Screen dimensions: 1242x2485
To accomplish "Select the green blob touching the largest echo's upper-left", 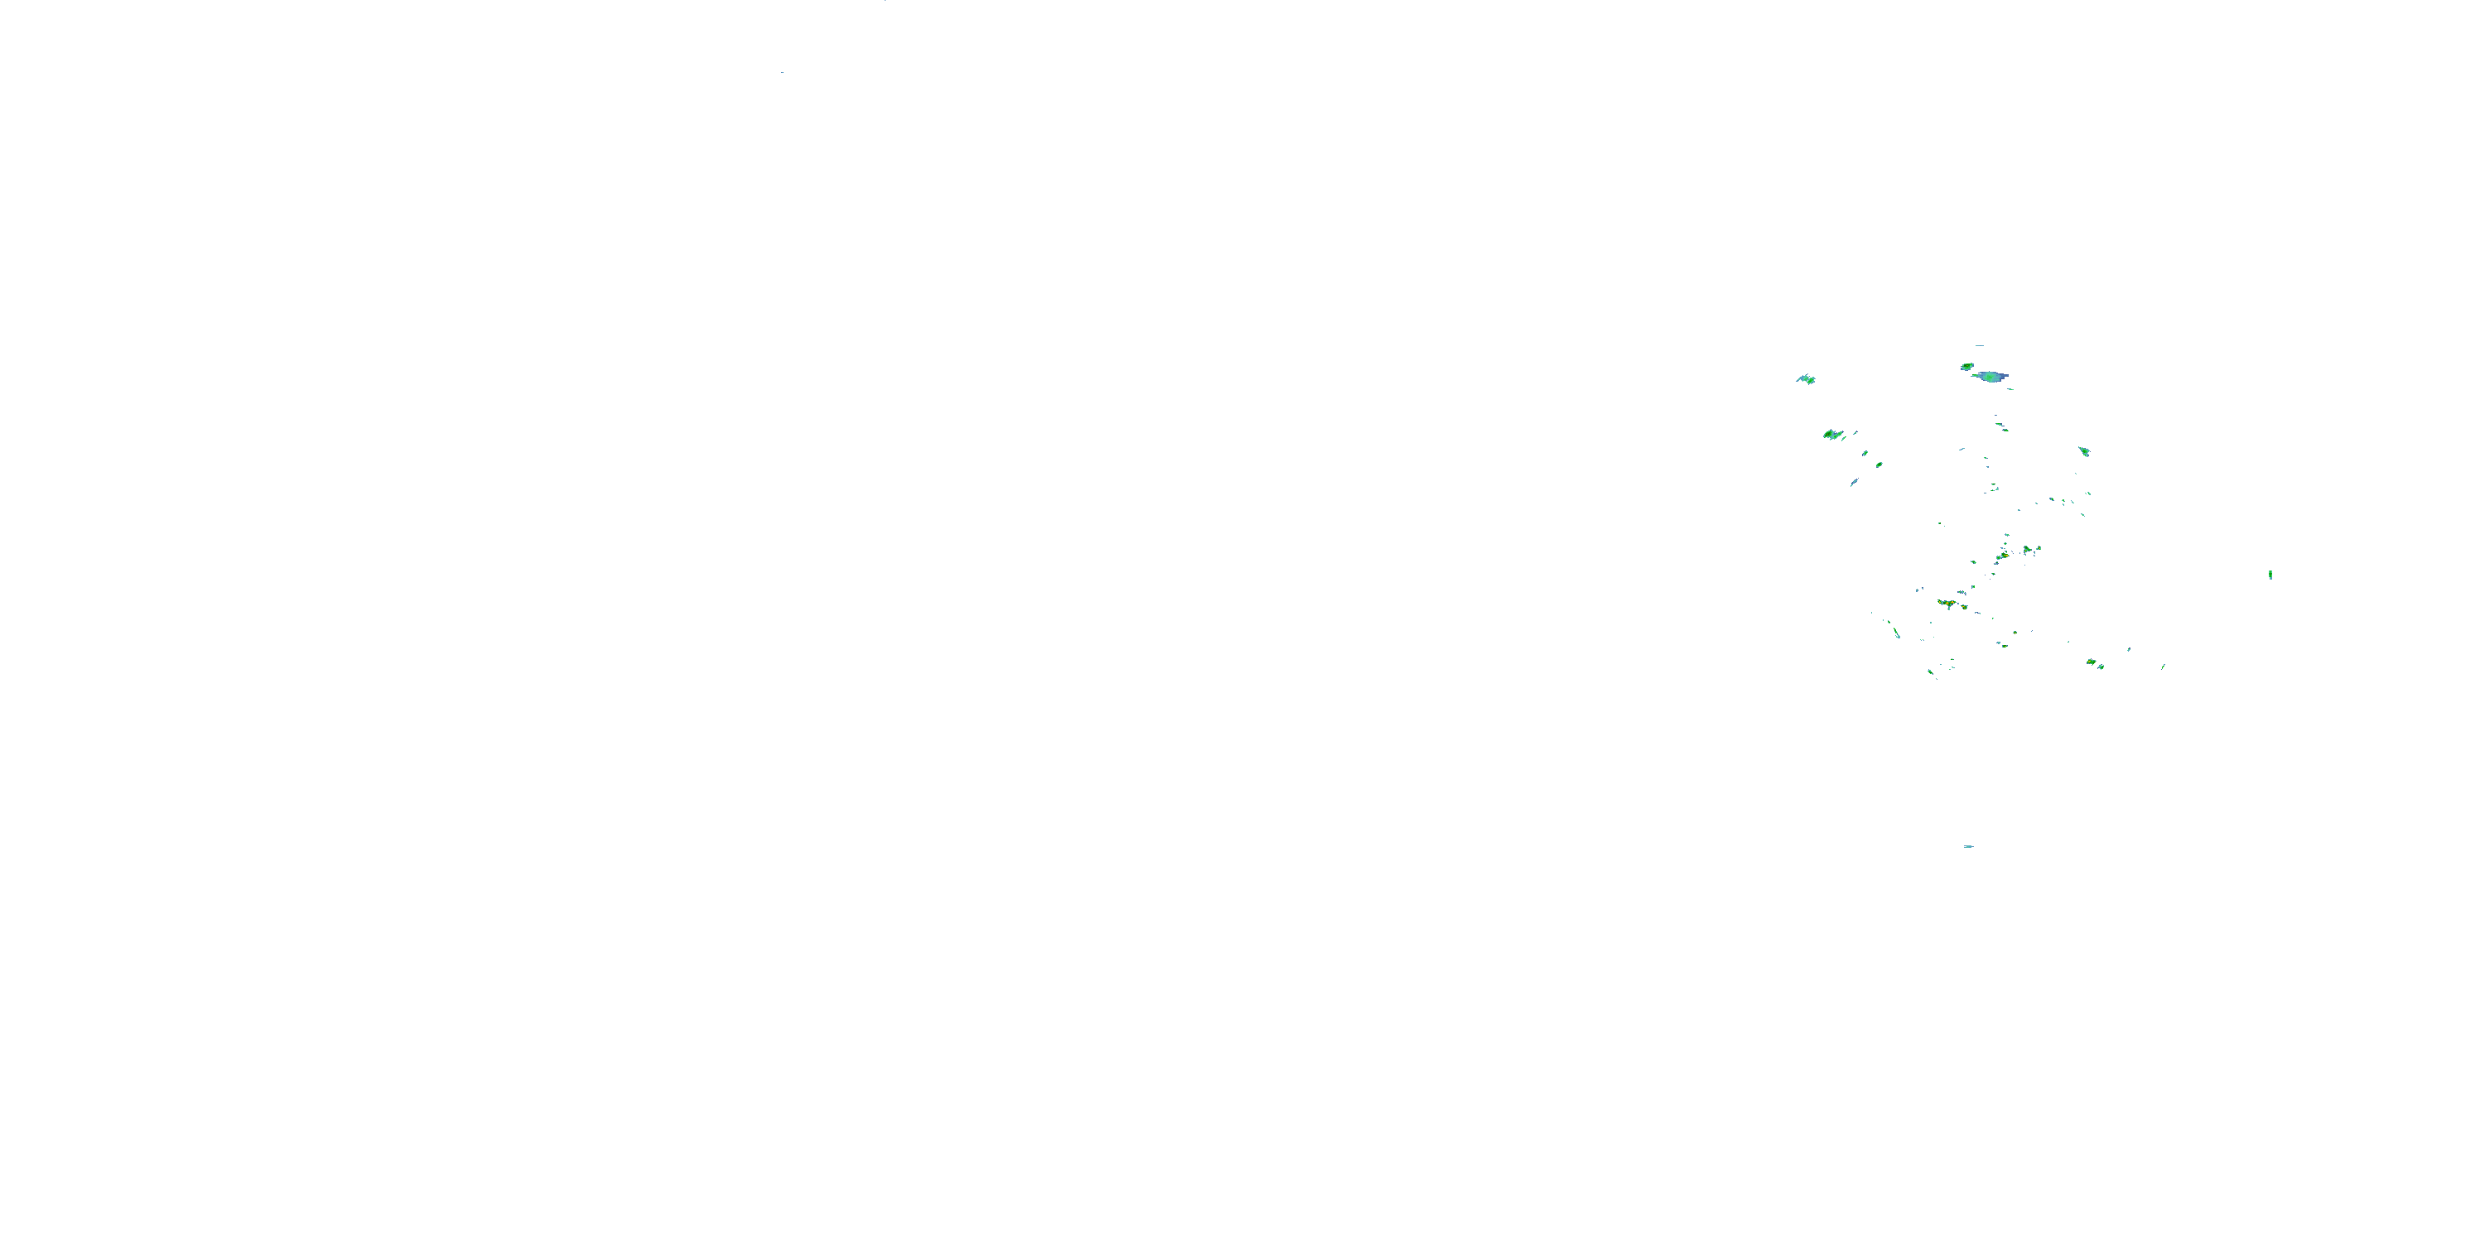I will click(x=1967, y=367).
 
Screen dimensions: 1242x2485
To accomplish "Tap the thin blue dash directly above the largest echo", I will click(x=1980, y=345).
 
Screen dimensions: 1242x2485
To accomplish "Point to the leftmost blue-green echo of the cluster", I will click(x=1805, y=379).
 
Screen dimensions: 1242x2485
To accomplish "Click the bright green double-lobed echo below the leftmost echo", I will click(x=1833, y=435).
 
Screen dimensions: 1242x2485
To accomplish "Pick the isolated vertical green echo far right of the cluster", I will click(x=2270, y=575).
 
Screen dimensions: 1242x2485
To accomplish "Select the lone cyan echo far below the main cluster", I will click(x=1968, y=847).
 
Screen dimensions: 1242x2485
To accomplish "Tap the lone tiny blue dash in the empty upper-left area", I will click(x=781, y=72).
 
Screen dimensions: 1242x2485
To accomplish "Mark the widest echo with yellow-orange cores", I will click(x=1947, y=604).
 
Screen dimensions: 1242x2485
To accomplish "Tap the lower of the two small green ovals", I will click(x=1879, y=465).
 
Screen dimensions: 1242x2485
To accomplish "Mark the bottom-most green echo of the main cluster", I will click(x=1930, y=672).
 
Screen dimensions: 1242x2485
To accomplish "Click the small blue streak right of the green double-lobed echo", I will click(x=1855, y=433).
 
